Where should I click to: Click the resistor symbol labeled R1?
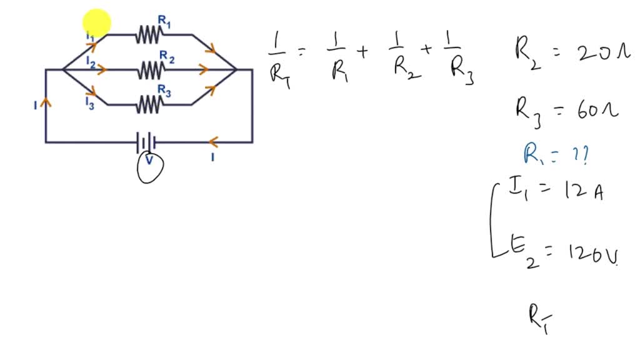(x=149, y=35)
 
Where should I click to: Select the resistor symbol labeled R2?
(x=149, y=69)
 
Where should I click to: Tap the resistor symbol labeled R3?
(x=149, y=104)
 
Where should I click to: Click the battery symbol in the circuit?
(x=146, y=142)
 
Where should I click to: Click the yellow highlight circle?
(x=97, y=23)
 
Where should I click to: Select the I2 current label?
(x=91, y=63)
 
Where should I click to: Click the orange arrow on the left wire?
(x=46, y=104)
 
